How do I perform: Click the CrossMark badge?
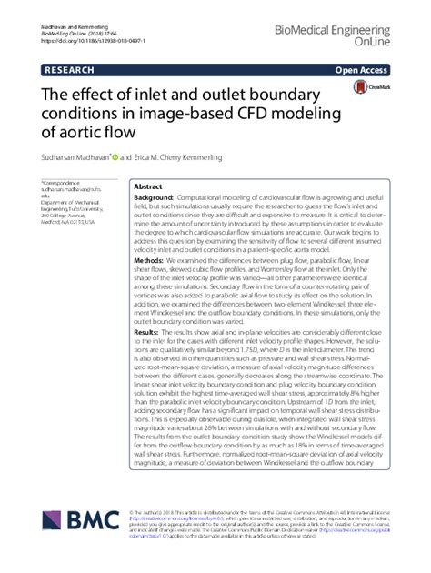pyautogui.click(x=369, y=85)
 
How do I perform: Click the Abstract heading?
pyautogui.click(x=149, y=185)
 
